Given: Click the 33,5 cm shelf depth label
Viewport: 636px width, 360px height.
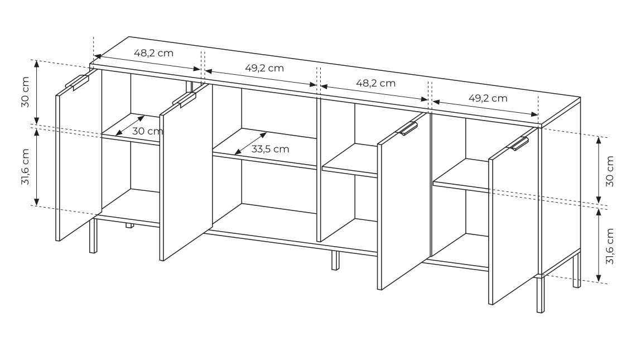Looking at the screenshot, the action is tap(270, 149).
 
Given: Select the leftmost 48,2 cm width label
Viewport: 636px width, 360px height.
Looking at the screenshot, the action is tap(154, 53).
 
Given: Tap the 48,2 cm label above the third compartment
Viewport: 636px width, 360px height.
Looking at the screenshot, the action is tap(375, 83).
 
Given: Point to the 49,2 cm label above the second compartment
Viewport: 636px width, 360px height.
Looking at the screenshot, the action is tap(264, 68).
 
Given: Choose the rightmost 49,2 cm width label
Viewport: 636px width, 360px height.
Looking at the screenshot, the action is tap(488, 98).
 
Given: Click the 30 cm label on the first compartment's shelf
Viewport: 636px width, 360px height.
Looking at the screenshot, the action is tap(148, 131).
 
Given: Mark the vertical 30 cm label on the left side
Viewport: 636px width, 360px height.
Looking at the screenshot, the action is tap(25, 92).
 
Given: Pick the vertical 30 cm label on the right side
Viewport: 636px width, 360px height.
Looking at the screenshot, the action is tap(610, 171).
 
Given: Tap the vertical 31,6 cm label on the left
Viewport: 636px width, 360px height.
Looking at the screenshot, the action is tap(25, 167).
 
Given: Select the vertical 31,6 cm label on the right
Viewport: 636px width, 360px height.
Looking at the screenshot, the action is tap(610, 246).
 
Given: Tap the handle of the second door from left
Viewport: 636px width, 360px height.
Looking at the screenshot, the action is tap(184, 99).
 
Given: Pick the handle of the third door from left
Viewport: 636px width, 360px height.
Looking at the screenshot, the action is tap(407, 128).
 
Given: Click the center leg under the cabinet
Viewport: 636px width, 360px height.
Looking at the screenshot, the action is tap(335, 261).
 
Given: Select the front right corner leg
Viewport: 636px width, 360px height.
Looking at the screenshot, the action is tap(540, 294).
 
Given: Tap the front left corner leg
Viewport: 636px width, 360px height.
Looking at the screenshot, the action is tap(93, 236).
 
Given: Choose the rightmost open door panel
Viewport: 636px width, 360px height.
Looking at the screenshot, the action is tap(513, 217).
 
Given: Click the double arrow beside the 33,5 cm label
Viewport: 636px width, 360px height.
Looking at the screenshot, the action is tap(250, 143).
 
